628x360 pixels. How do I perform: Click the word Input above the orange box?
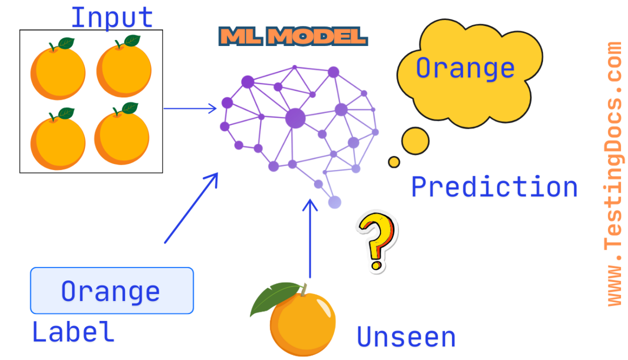tap(112, 17)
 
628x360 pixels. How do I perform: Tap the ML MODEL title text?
tap(293, 36)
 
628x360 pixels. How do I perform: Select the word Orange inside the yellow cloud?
tap(465, 68)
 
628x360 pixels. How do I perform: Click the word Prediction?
tap(494, 187)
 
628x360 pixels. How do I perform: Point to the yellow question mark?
tap(376, 240)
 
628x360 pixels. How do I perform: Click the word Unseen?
tap(405, 337)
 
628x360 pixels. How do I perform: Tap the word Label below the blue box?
tap(73, 331)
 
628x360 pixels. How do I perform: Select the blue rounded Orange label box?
tap(112, 291)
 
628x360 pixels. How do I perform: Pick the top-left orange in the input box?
tap(57, 73)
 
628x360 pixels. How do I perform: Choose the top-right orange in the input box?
tap(123, 71)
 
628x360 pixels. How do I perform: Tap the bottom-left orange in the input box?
tap(57, 142)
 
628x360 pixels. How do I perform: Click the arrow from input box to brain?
tap(189, 108)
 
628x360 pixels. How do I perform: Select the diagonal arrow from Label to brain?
tap(191, 208)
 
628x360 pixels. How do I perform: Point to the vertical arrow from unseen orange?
tap(310, 238)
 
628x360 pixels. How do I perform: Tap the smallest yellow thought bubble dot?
tap(394, 162)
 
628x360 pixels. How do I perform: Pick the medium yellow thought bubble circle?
tap(415, 141)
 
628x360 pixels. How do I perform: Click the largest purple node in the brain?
tap(295, 117)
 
